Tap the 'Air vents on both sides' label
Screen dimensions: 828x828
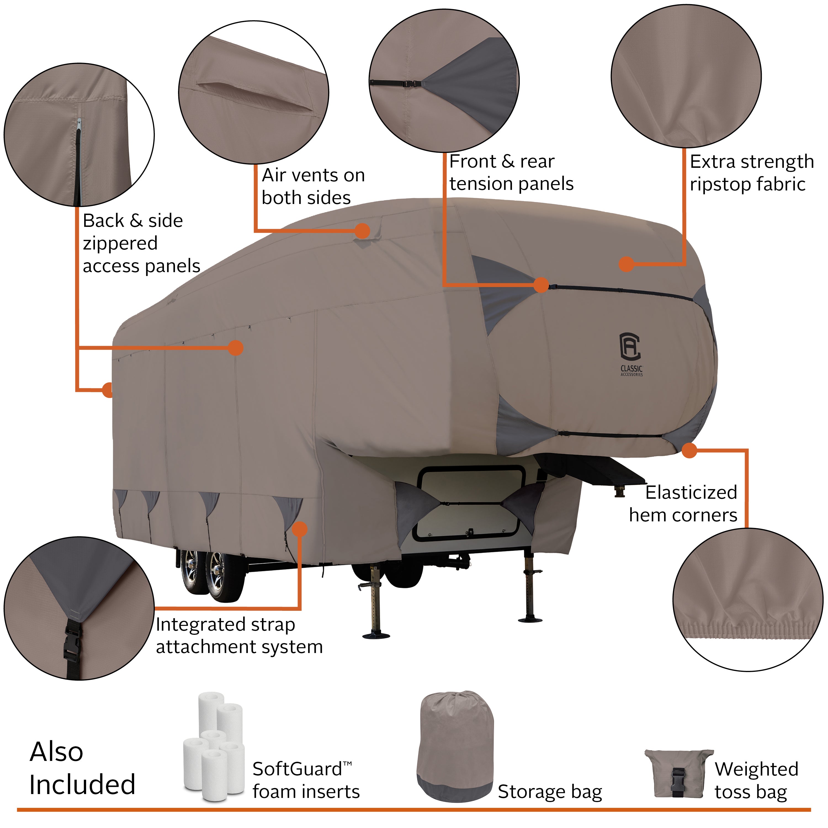pyautogui.click(x=313, y=186)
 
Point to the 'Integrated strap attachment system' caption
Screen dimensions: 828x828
pyautogui.click(x=239, y=635)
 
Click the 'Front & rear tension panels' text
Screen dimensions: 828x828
pyautogui.click(x=511, y=172)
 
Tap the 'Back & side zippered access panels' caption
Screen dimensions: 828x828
pyautogui.click(x=140, y=243)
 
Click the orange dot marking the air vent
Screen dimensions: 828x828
pyautogui.click(x=362, y=230)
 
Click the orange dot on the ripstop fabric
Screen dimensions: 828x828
pyautogui.click(x=627, y=264)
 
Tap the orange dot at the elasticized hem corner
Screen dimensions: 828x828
pyautogui.click(x=689, y=450)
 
